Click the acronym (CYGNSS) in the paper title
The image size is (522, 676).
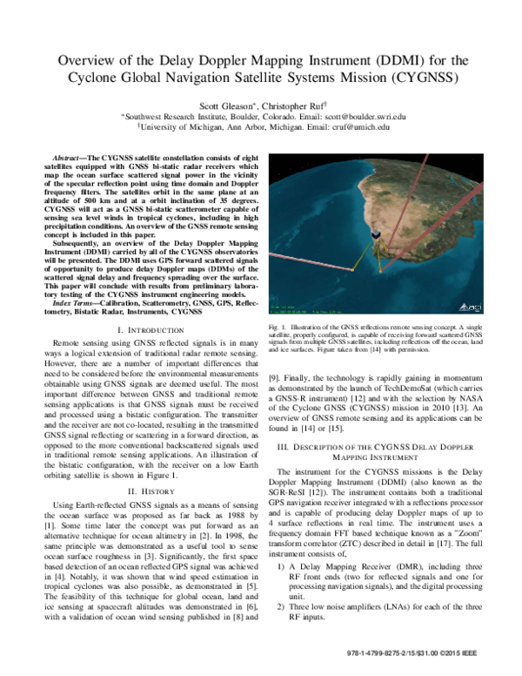tap(425, 75)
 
